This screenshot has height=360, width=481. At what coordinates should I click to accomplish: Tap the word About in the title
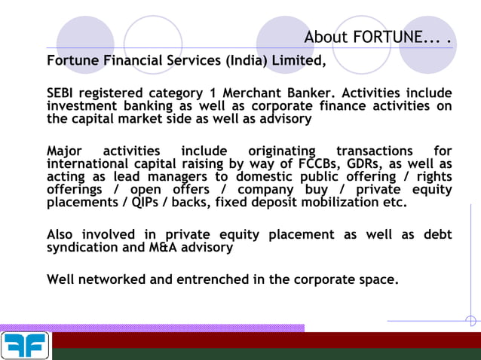tap(328, 37)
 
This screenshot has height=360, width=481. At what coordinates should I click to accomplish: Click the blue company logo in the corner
tap(25, 346)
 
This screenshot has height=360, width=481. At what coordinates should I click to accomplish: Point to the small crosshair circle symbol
tap(471, 322)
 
